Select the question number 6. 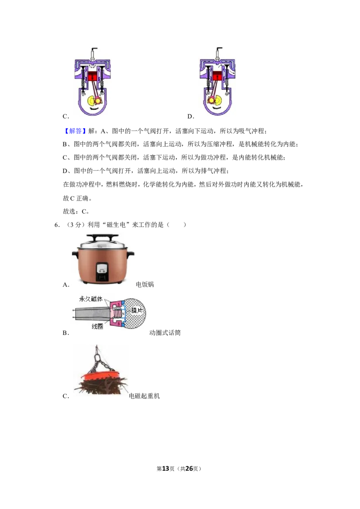pyautogui.click(x=57, y=225)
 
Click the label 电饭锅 pyautogui.click(x=144, y=284)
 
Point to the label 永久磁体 pyautogui.click(x=90, y=299)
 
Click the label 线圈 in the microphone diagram pyautogui.click(x=98, y=326)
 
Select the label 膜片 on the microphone pyautogui.click(x=137, y=310)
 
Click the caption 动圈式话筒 pyautogui.click(x=165, y=333)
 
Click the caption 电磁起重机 pyautogui.click(x=144, y=396)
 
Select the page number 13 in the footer pyautogui.click(x=166, y=469)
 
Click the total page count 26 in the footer pyautogui.click(x=189, y=469)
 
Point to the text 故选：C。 pyautogui.click(x=76, y=211)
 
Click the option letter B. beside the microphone pyautogui.click(x=66, y=333)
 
